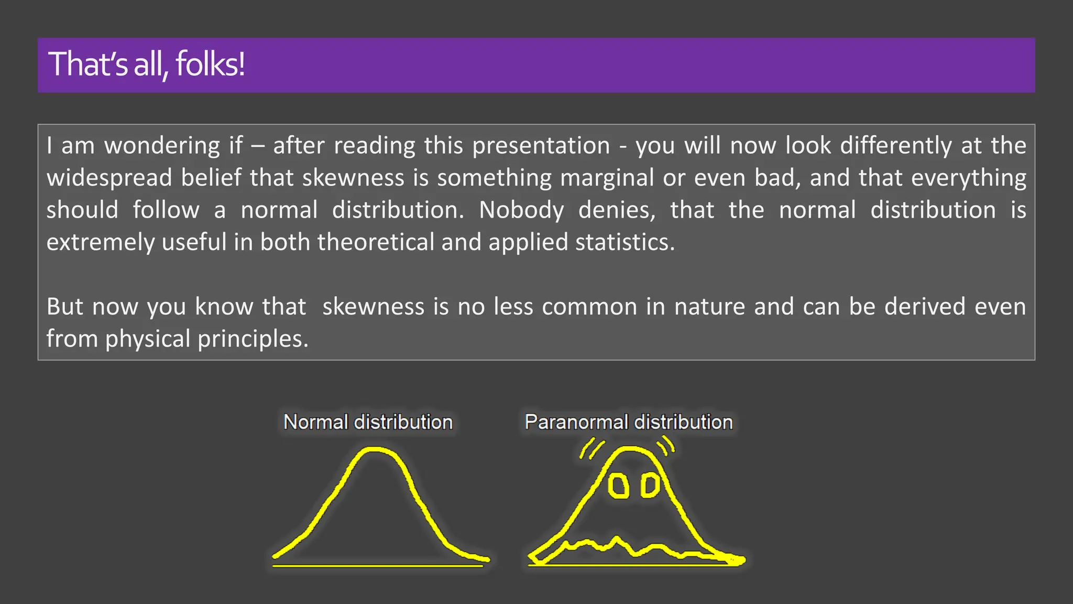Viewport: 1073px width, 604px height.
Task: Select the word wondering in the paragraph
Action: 162,146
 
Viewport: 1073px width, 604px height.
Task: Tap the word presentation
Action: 541,146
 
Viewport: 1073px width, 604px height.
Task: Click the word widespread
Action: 109,178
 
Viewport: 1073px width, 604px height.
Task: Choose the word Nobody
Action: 521,210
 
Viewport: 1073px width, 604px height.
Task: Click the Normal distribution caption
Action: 368,422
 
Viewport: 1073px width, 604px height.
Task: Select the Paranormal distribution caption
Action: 629,422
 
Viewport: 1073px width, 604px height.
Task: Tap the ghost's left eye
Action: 618,486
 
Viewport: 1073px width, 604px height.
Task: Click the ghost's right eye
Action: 650,486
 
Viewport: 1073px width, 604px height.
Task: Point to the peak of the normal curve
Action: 373,449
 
